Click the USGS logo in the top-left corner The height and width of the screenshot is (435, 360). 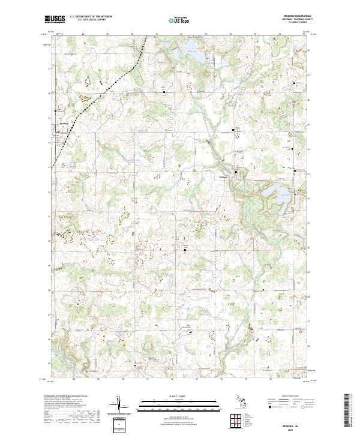(x=53, y=19)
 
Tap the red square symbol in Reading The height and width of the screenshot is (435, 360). (x=58, y=131)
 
